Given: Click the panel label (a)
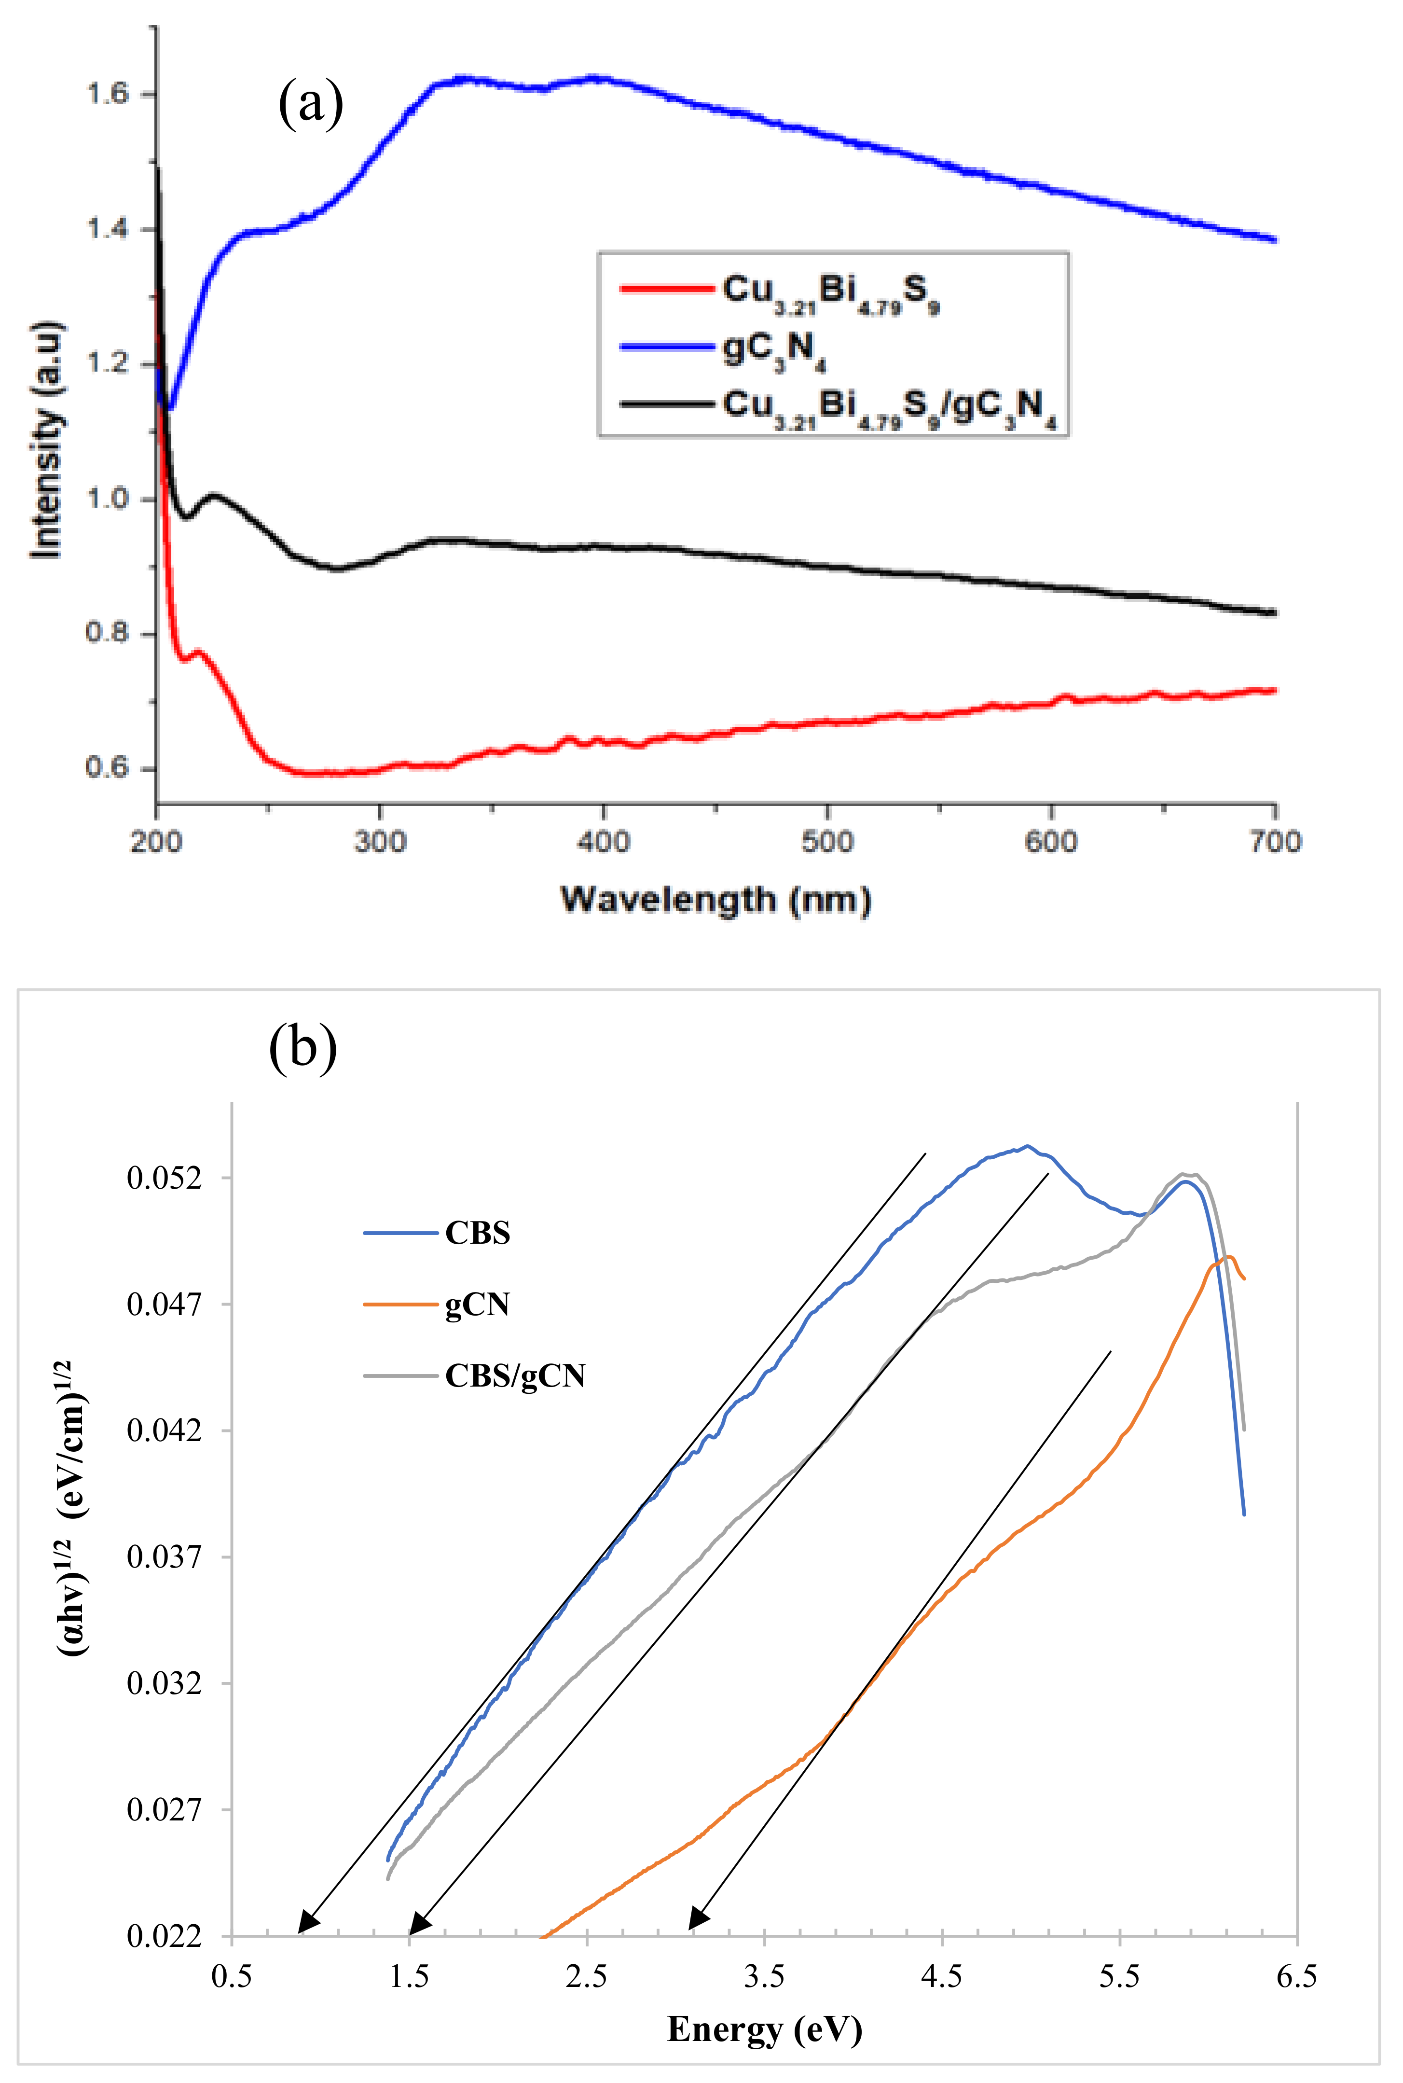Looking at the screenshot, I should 311,104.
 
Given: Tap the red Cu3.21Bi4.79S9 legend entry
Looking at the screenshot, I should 830,291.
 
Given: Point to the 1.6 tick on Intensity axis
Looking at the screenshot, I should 108,94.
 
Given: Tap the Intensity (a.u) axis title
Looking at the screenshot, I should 46,439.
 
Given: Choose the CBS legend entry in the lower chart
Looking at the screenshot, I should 477,1234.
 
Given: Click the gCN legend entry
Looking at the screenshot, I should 477,1305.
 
